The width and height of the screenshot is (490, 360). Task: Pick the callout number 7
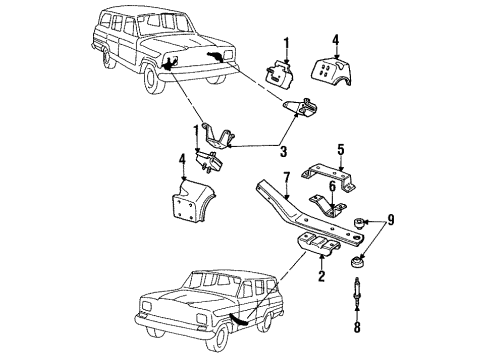pos(287,177)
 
